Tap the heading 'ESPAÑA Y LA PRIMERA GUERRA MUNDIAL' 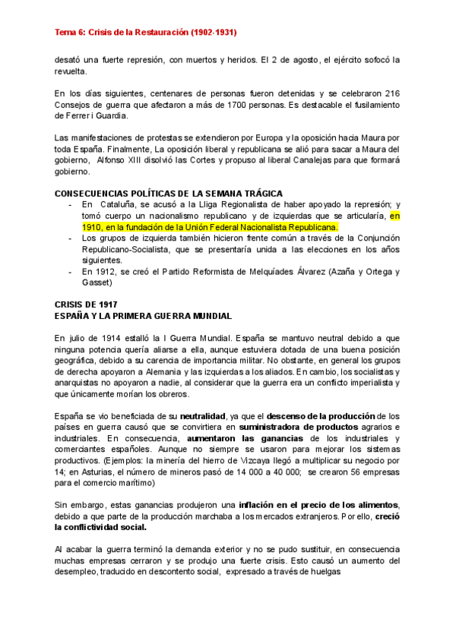pos(144,315)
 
